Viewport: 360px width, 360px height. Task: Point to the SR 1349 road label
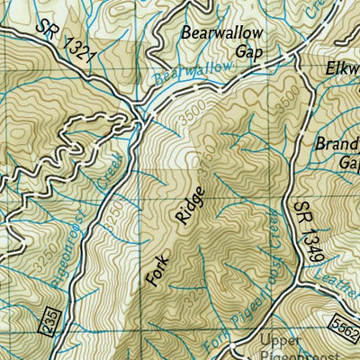(306, 231)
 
